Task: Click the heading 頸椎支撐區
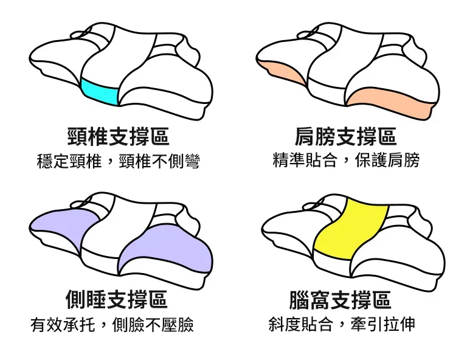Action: [x=118, y=136]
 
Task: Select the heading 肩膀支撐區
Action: [x=345, y=136]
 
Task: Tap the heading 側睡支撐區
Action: [x=116, y=299]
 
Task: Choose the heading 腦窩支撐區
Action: [x=340, y=300]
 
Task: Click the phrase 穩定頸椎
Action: [x=69, y=161]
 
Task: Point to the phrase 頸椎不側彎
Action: [x=159, y=161]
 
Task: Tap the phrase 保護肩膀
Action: [x=387, y=160]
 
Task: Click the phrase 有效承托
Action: [x=63, y=325]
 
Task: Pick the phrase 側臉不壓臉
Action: [x=153, y=325]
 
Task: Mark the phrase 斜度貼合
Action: [x=300, y=324]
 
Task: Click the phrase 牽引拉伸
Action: [x=383, y=324]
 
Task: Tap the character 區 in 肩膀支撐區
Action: [x=387, y=136]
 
